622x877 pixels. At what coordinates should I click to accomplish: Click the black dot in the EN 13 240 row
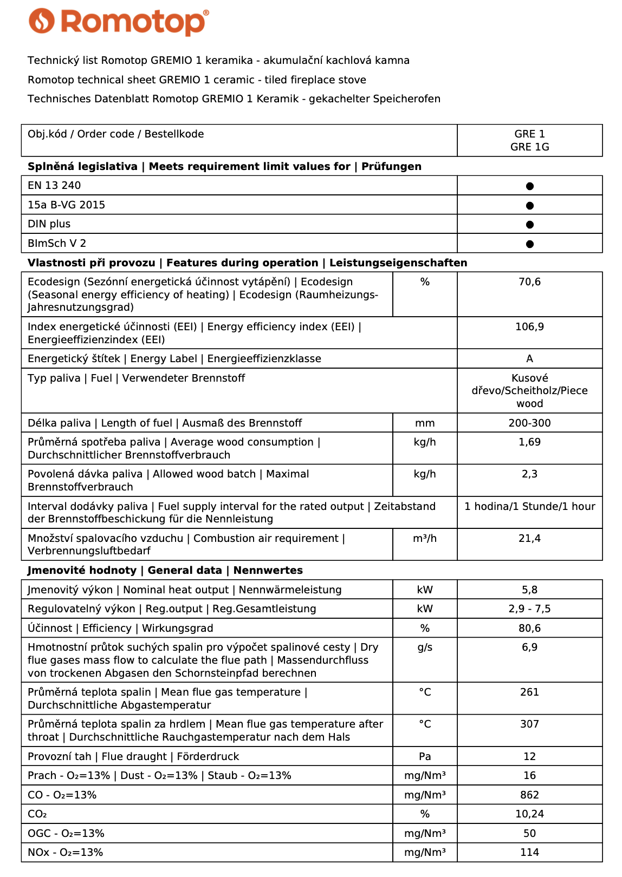point(529,186)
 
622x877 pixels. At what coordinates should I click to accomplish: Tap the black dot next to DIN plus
point(529,225)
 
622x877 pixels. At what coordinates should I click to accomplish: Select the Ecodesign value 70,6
point(529,282)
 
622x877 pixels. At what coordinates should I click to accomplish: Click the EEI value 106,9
point(529,327)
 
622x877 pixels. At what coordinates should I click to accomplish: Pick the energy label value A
point(529,359)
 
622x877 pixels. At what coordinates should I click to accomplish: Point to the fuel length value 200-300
point(529,423)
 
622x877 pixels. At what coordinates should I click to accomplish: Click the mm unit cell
point(425,423)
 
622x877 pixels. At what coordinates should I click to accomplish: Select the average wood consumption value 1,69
point(529,442)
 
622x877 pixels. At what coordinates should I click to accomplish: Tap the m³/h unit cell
point(425,539)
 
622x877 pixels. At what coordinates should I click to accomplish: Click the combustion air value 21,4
point(529,539)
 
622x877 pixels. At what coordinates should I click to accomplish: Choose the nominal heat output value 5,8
point(529,590)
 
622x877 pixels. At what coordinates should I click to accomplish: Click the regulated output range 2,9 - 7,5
point(529,609)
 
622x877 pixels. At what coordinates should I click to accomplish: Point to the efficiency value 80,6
point(529,629)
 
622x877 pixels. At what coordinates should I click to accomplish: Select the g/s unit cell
point(425,647)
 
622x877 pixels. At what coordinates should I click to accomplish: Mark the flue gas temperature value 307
point(529,724)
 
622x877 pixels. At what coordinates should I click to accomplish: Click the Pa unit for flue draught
point(425,757)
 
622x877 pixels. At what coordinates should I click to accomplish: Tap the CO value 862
point(529,795)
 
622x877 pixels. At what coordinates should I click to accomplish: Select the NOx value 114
point(529,853)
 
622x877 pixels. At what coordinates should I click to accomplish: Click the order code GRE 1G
point(529,147)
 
